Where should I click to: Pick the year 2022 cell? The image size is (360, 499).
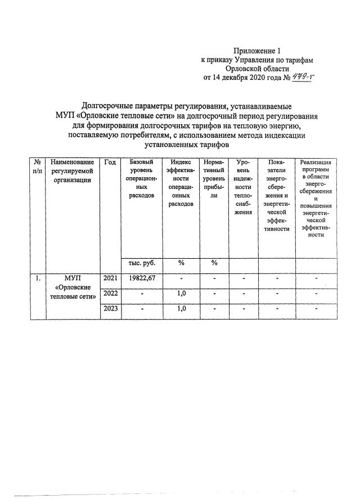[x=110, y=293]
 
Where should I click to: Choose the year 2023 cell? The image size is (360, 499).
[x=110, y=308]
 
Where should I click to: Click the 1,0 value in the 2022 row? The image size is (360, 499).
[x=181, y=293]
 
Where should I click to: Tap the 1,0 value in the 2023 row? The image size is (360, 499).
[x=181, y=308]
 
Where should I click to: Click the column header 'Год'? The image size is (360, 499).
[x=110, y=162]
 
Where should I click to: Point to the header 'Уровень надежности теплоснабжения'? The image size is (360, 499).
[x=243, y=187]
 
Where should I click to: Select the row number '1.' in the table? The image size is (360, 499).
[x=37, y=278]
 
